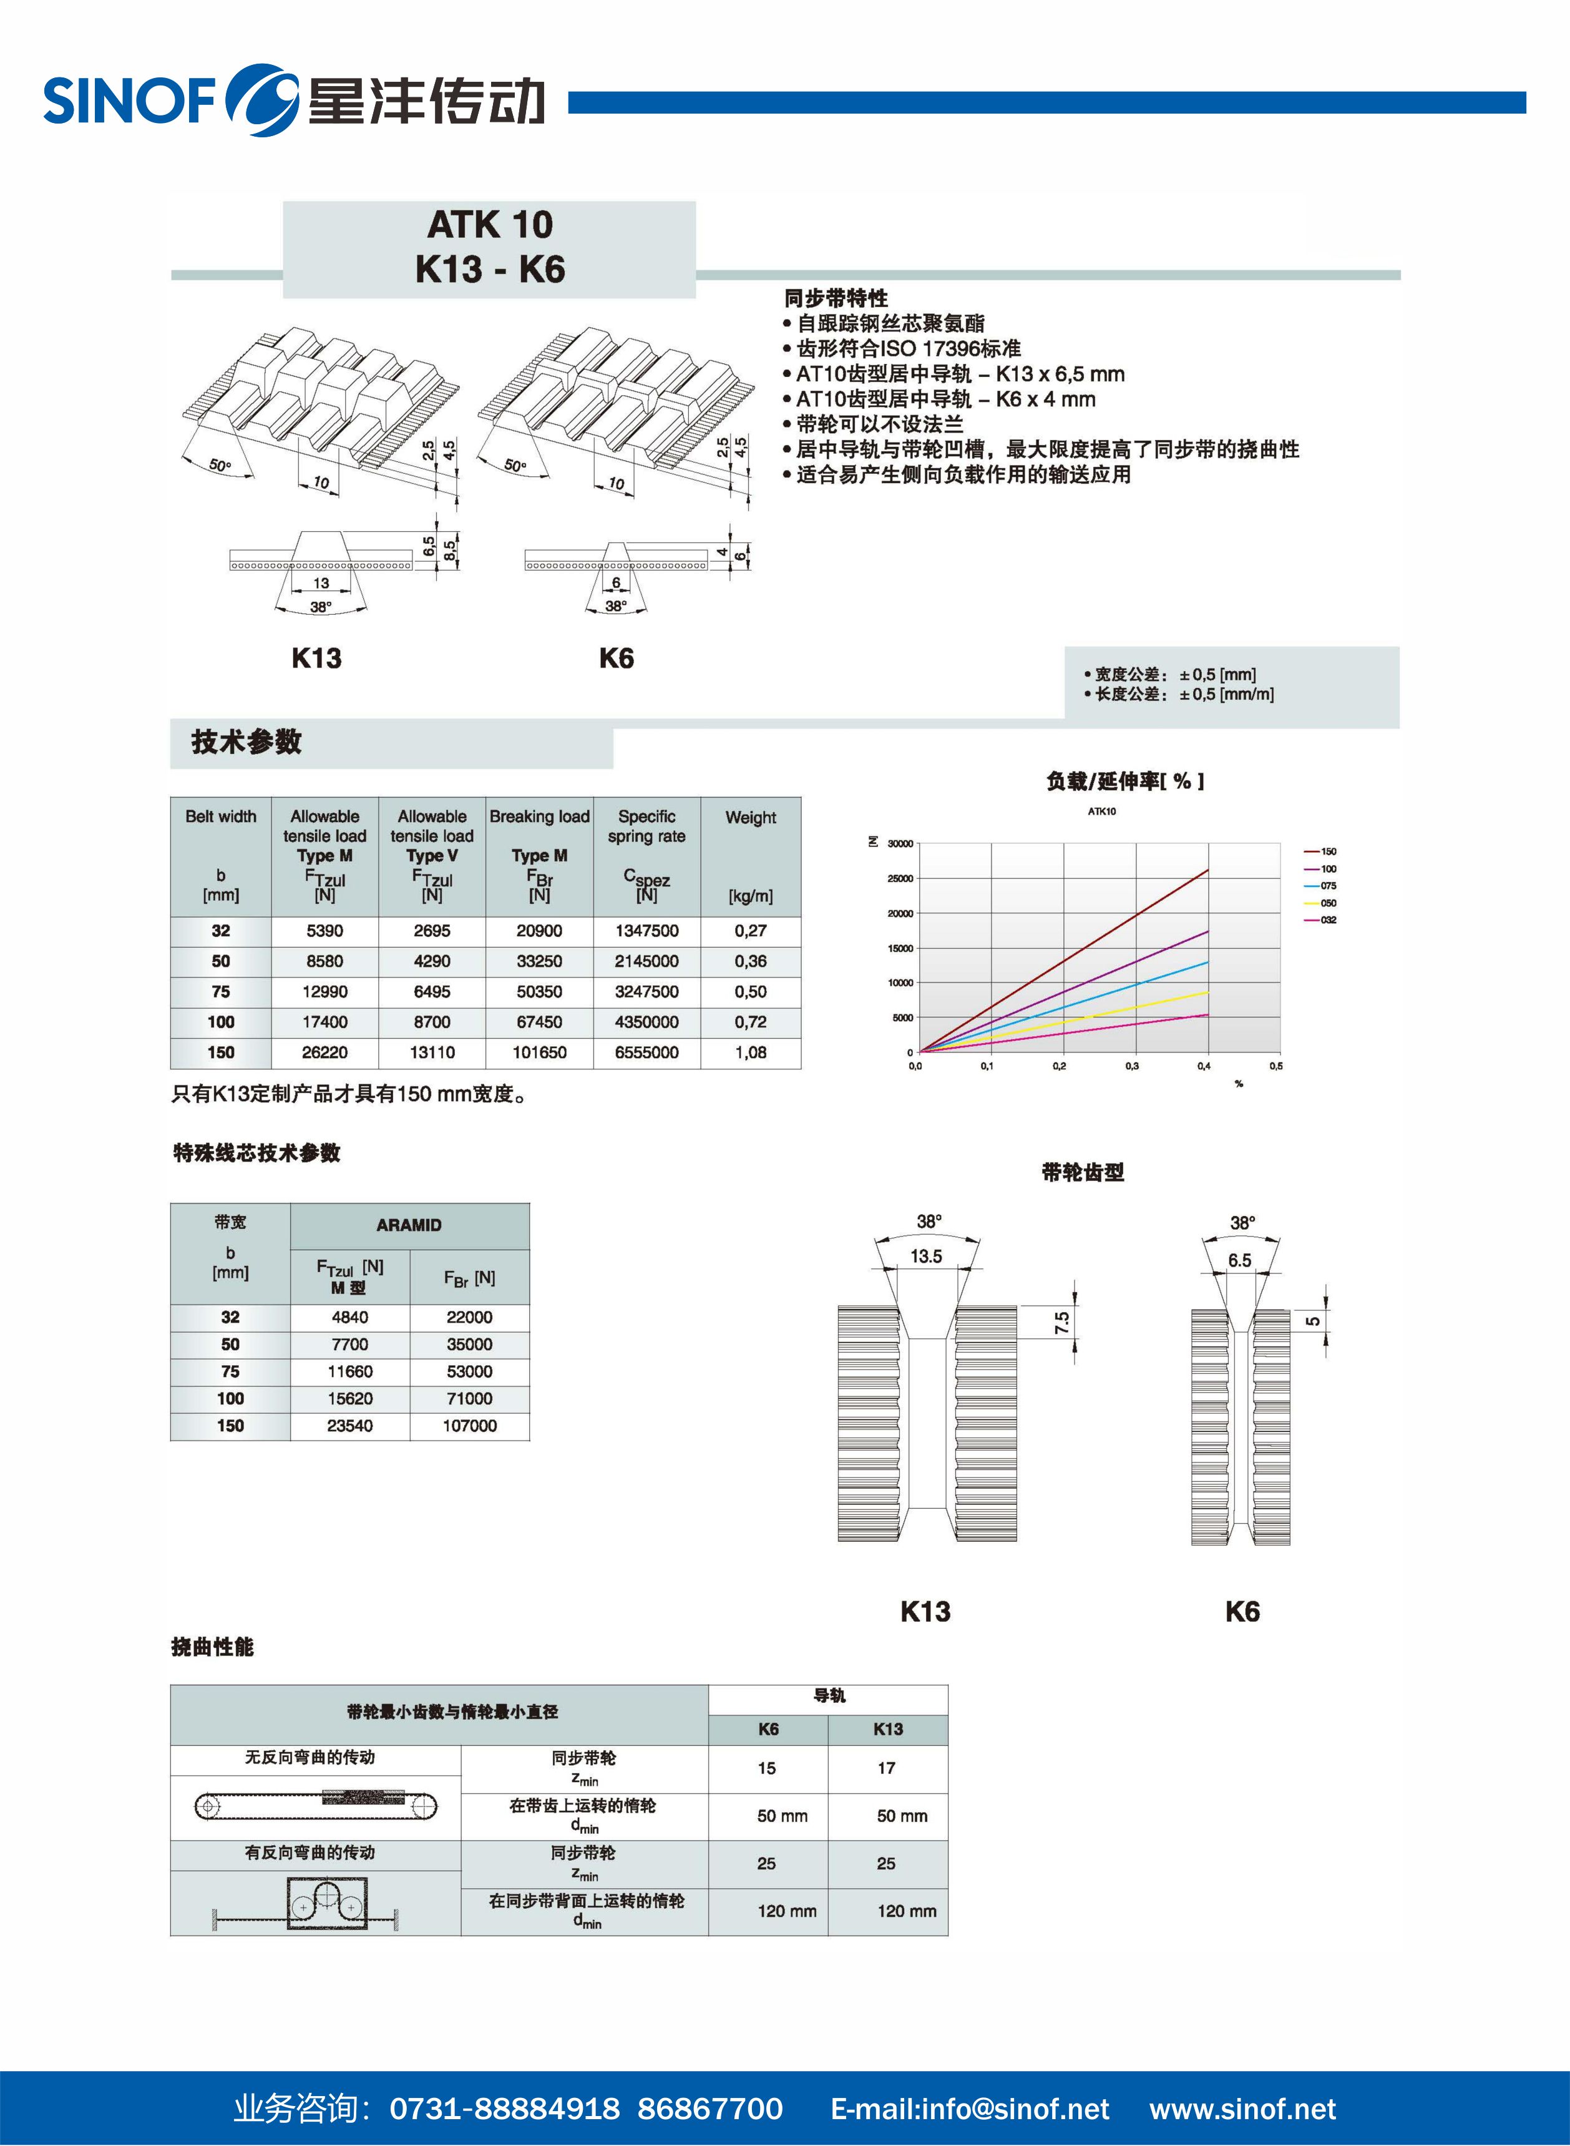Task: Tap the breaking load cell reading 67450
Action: [539, 1022]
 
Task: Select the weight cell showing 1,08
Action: [750, 1052]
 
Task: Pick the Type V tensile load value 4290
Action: [431, 961]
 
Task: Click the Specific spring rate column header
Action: [646, 826]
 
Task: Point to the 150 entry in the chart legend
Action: [1328, 851]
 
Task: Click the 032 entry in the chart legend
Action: [1328, 920]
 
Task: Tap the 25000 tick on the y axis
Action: [899, 878]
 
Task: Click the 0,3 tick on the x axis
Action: [1132, 1066]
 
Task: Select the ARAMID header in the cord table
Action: [409, 1225]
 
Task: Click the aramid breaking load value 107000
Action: [469, 1426]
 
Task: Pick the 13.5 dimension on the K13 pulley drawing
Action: [925, 1257]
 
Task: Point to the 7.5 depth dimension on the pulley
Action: [1061, 1322]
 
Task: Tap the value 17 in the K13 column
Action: [885, 1768]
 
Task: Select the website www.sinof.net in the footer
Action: [1242, 2109]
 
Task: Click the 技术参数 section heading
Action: [246, 742]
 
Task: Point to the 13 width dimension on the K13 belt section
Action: [321, 582]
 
